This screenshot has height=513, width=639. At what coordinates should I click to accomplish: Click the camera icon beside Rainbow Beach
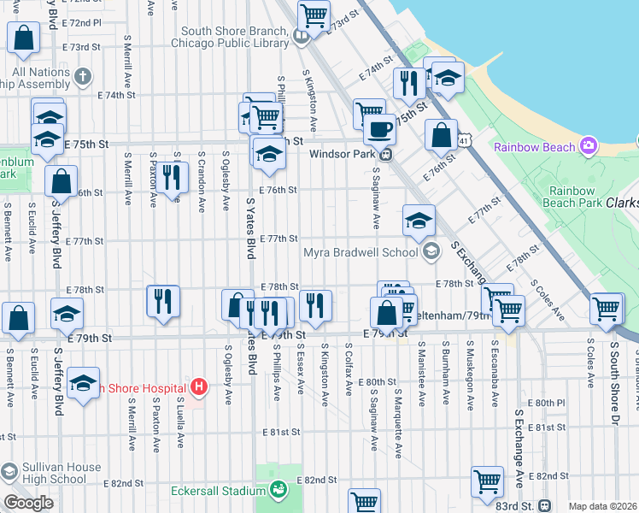[588, 146]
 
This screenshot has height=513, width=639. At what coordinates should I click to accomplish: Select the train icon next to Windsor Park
[386, 155]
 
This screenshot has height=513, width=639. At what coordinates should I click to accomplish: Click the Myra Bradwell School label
[361, 251]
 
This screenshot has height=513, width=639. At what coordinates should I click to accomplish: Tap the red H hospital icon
[199, 387]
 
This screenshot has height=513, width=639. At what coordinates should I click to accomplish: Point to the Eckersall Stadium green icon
[278, 490]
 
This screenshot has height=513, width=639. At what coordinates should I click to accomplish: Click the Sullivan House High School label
[51, 474]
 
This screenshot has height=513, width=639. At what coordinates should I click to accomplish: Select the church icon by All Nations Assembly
[83, 78]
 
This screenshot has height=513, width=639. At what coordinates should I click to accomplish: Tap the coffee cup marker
[379, 129]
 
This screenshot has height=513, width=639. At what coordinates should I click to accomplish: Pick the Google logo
[28, 503]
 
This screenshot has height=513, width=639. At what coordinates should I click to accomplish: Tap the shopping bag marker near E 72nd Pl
[23, 37]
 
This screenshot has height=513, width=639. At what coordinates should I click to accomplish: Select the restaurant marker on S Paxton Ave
[174, 178]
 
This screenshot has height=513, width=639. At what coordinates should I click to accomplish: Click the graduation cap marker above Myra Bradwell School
[419, 221]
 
